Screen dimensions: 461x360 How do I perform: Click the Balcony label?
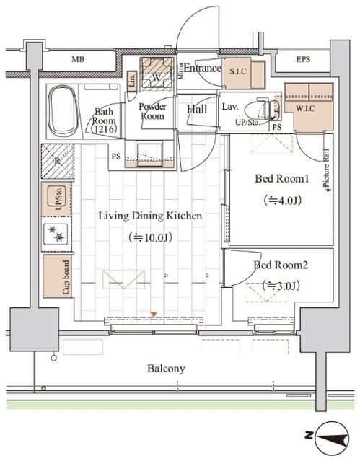point(167,369)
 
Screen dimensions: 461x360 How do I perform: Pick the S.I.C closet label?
point(238,71)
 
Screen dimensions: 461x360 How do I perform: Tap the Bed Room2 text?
point(281,265)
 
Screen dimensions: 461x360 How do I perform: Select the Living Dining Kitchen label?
point(150,216)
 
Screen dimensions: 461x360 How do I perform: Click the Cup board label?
point(65,277)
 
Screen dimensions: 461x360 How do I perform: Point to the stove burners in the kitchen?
point(56,234)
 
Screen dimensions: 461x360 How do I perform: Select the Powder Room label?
point(152,110)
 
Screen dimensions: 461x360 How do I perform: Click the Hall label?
point(198,110)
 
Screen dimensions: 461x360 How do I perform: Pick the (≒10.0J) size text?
point(150,237)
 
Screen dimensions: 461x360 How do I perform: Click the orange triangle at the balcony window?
point(153,314)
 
